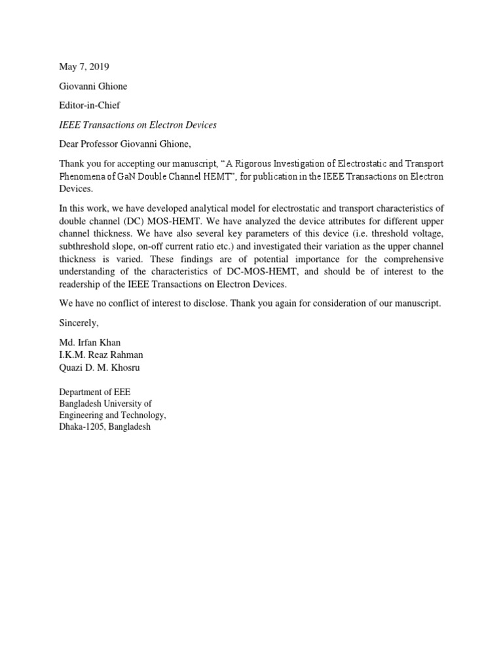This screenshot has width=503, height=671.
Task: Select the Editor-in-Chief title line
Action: point(90,104)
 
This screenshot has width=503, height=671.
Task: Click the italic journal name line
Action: point(138,124)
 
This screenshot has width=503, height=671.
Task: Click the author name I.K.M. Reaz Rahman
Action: point(101,355)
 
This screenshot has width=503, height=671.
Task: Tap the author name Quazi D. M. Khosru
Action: point(99,367)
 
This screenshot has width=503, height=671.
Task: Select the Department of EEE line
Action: point(95,392)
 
